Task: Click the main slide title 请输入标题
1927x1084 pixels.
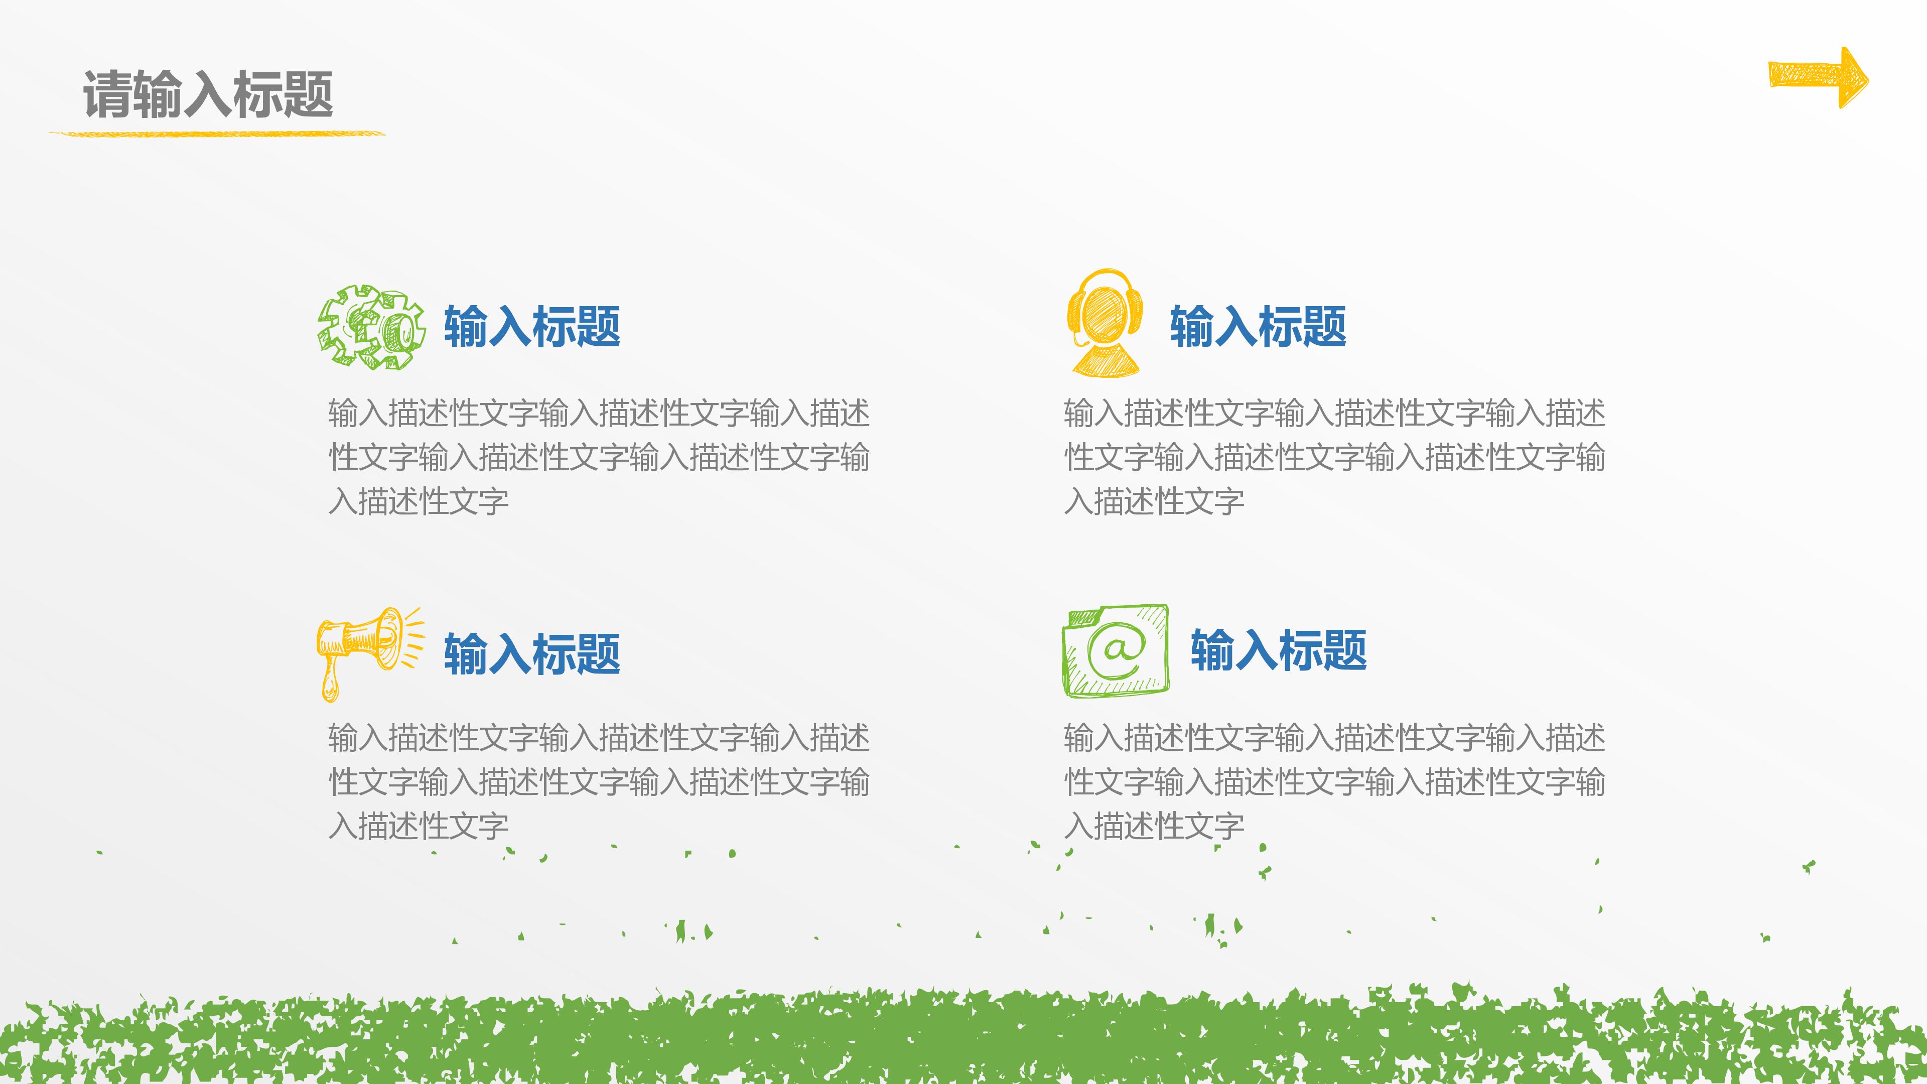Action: pyautogui.click(x=208, y=94)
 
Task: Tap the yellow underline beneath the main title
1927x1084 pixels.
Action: pyautogui.click(x=217, y=134)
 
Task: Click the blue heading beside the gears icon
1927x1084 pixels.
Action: pyautogui.click(x=532, y=327)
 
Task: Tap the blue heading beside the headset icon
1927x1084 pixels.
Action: pyautogui.click(x=1258, y=327)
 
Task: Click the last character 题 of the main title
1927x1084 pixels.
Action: pyautogui.click(x=308, y=94)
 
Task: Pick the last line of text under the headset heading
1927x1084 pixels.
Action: pyautogui.click(x=1154, y=501)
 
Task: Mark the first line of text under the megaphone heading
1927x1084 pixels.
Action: pyautogui.click(x=599, y=738)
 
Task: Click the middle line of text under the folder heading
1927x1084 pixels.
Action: pyautogui.click(x=1334, y=782)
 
